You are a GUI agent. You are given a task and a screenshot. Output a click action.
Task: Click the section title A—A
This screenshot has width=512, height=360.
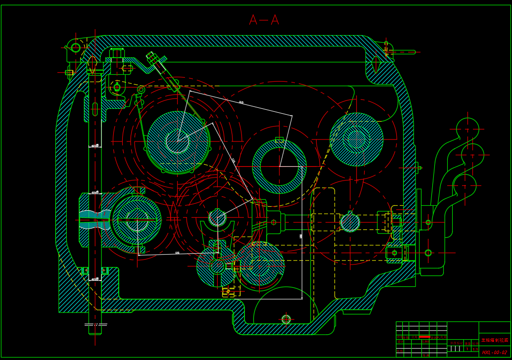tap(264, 20)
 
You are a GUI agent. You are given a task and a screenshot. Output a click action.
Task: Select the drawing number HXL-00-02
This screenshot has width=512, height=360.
tap(494, 352)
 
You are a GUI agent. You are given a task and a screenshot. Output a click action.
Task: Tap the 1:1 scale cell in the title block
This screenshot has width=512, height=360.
tap(475, 349)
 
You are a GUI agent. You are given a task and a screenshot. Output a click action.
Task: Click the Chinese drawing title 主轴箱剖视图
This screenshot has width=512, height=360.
tap(495, 340)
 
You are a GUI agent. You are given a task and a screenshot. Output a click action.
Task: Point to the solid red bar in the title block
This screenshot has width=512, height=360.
tap(424, 337)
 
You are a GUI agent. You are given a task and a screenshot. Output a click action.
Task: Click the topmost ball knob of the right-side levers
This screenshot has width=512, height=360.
tap(467, 129)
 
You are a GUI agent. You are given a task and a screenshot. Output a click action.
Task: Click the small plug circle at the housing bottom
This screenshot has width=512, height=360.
tap(286, 319)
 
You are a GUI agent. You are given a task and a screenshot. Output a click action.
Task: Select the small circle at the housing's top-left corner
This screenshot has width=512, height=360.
tap(76, 48)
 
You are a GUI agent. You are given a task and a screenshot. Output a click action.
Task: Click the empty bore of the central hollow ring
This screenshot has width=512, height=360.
tap(279, 167)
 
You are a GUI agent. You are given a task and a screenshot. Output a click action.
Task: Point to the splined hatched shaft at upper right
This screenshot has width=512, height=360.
tap(356, 139)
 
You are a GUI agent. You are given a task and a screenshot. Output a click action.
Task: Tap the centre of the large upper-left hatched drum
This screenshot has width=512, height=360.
tap(178, 142)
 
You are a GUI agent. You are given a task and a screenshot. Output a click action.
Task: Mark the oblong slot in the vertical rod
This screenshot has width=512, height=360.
tap(95, 109)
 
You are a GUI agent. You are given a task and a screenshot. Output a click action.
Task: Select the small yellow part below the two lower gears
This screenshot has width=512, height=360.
tap(229, 291)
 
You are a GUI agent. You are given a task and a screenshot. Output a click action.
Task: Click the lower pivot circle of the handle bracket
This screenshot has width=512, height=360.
tap(428, 253)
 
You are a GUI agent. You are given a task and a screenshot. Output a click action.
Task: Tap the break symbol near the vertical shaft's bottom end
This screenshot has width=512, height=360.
tap(95, 325)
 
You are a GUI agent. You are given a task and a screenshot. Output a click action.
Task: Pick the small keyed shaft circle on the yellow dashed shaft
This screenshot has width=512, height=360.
tap(350, 222)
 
